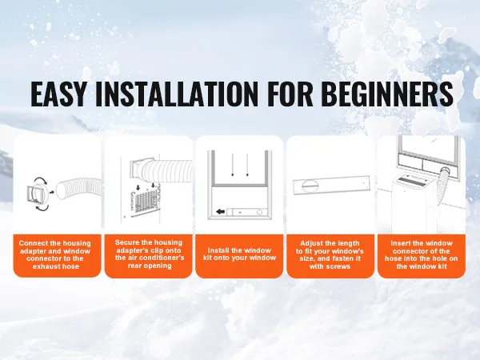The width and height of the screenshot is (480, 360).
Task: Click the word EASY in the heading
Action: pos(58,94)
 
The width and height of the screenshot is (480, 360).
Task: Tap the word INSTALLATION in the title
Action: pos(177,94)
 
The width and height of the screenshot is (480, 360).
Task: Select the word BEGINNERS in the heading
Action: pos(386,94)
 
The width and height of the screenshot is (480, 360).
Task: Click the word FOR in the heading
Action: pos(290,94)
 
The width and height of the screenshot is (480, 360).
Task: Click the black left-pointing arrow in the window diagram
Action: pos(221,211)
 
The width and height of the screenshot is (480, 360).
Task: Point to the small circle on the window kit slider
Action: pos(259,212)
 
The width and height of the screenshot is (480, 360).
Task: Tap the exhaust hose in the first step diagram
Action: pos(79,190)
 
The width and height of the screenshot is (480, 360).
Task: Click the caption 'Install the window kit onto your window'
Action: pos(240,254)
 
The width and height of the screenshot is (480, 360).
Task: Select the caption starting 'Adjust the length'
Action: pos(330,254)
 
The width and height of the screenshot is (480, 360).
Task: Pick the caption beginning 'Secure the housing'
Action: pos(150,254)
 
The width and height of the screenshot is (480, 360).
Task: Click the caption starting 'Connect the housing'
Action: pos(55,254)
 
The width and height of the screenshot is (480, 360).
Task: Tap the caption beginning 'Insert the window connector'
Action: pos(422,254)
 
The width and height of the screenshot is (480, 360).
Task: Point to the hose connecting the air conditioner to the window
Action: pos(443,186)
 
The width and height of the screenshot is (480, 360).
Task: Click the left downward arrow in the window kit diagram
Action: pos(233,165)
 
